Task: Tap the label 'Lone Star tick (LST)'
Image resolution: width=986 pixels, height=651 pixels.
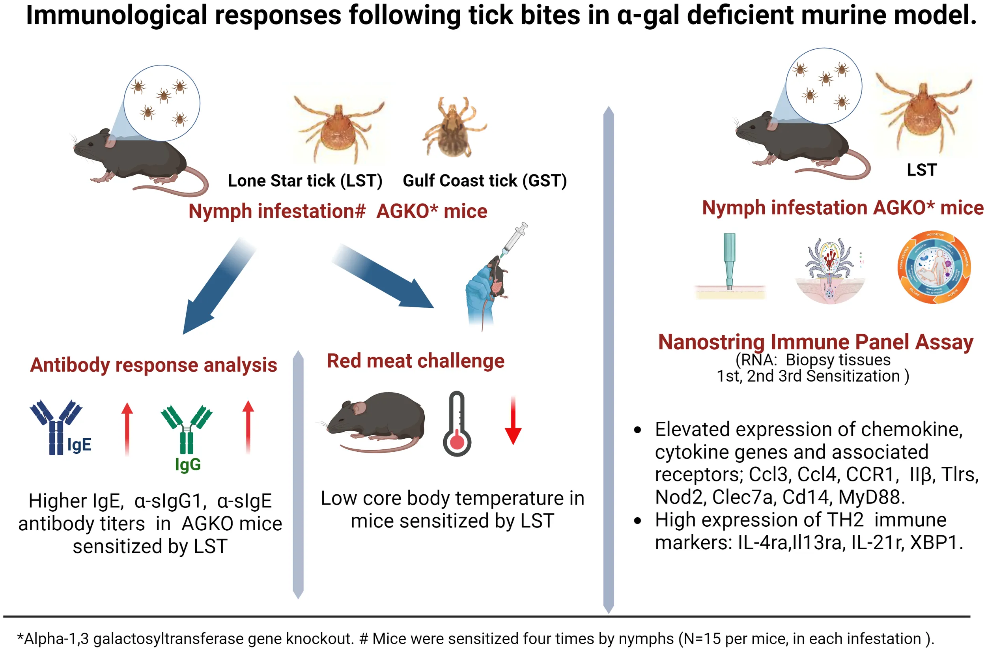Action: tap(305, 181)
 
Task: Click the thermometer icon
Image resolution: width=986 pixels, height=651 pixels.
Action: tap(456, 424)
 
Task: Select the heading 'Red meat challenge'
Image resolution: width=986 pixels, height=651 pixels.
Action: tap(415, 361)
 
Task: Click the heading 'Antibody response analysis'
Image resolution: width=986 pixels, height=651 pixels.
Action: tap(153, 365)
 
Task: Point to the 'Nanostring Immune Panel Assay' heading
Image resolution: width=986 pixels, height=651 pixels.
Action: tap(816, 342)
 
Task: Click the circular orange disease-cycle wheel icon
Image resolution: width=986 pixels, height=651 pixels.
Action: tap(934, 267)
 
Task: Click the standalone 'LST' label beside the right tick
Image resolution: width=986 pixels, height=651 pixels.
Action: tap(922, 170)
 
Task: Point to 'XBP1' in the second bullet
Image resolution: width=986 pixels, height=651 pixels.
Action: tap(936, 542)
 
